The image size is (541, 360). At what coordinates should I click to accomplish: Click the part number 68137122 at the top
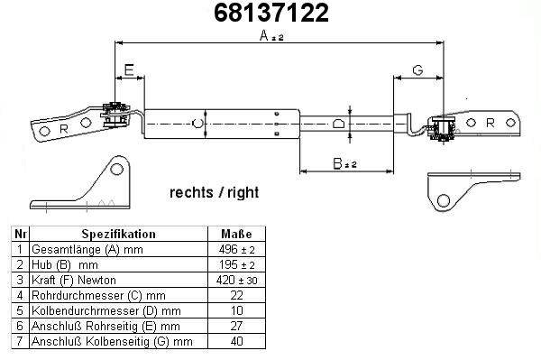(271, 14)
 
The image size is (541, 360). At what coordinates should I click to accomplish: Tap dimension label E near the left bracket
(129, 70)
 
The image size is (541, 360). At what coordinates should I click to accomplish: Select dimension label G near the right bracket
(417, 70)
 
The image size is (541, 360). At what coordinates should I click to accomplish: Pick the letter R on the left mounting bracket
(63, 129)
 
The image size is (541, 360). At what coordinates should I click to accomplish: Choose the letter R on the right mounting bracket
(490, 123)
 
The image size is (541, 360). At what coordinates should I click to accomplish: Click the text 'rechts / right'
(214, 192)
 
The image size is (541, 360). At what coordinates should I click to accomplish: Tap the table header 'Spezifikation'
(118, 234)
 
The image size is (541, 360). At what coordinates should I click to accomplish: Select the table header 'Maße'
(236, 234)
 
